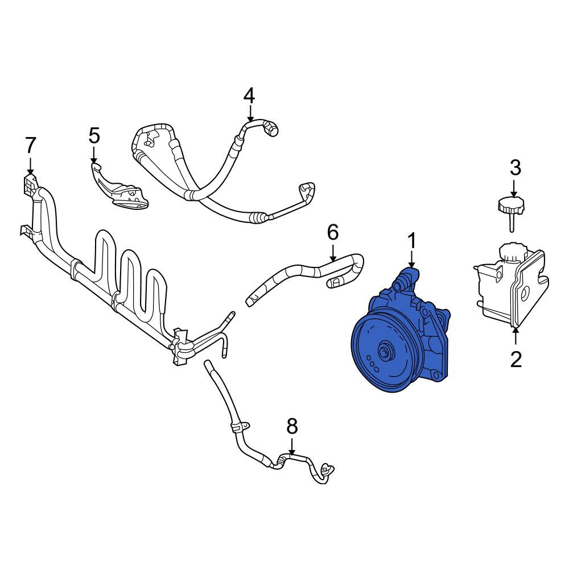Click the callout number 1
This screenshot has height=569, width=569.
tap(411, 241)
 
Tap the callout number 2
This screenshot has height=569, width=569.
tap(516, 359)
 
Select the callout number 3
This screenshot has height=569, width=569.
tap(516, 168)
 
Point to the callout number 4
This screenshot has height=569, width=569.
tap(249, 96)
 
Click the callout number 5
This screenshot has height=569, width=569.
tap(94, 136)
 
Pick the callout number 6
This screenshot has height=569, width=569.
tap(333, 232)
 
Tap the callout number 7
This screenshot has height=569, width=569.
tap(31, 145)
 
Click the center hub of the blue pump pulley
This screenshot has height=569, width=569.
tap(384, 351)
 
